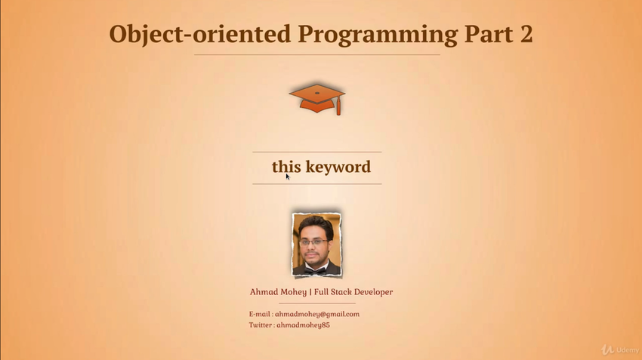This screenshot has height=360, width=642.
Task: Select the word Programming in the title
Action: pyautogui.click(x=378, y=35)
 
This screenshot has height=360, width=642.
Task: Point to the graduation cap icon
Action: pyautogui.click(x=317, y=99)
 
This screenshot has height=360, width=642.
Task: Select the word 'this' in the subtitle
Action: pyautogui.click(x=286, y=167)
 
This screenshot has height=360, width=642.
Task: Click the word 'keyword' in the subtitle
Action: pyautogui.click(x=338, y=167)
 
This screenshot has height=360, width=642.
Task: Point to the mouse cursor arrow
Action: pyautogui.click(x=288, y=177)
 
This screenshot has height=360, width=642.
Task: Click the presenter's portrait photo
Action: pyautogui.click(x=316, y=245)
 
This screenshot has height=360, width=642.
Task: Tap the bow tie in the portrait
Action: pyautogui.click(x=316, y=270)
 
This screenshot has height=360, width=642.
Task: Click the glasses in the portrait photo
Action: pyautogui.click(x=313, y=242)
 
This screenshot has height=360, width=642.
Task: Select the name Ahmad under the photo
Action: pyautogui.click(x=264, y=291)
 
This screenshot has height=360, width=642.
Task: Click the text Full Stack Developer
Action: pyautogui.click(x=353, y=291)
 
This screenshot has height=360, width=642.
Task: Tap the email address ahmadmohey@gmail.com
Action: pyautogui.click(x=317, y=314)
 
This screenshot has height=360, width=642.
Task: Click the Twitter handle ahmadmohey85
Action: pyautogui.click(x=303, y=325)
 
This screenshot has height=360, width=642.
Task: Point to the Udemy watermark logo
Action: pyautogui.click(x=620, y=349)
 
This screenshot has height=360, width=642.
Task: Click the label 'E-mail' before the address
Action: pyautogui.click(x=260, y=314)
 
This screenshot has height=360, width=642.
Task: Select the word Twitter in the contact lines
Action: pyautogui.click(x=261, y=325)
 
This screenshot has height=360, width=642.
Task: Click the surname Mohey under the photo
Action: pyautogui.click(x=293, y=292)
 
